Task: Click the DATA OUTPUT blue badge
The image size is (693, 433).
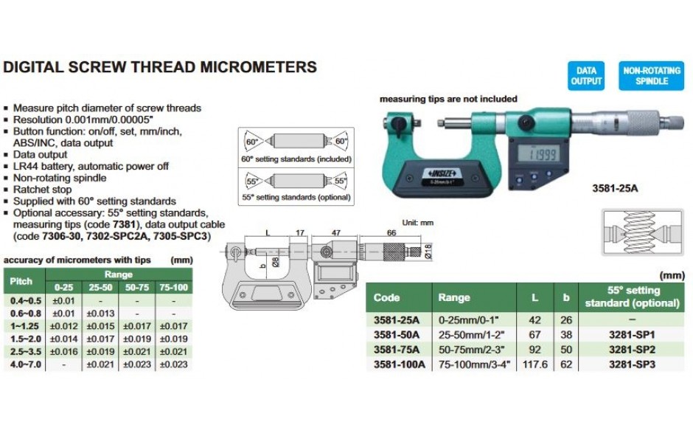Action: coord(586,76)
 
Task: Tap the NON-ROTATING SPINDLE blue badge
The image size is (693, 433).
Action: coord(652,76)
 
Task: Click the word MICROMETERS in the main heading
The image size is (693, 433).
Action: coord(259,67)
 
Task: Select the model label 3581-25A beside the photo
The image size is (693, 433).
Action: coord(615,188)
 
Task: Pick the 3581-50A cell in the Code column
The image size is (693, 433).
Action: coord(397,335)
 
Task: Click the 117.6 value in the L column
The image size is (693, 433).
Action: coord(534,364)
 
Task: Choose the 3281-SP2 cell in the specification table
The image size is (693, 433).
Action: coord(632,350)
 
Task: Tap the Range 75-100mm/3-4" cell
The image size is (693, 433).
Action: coord(474,364)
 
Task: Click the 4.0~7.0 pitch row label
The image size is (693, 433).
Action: coord(26,364)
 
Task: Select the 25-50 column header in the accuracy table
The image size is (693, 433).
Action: coord(100,288)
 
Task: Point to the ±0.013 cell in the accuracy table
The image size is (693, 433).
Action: coord(100,314)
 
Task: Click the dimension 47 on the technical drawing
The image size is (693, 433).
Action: coord(336,232)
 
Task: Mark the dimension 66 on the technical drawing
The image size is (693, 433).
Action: coord(391,232)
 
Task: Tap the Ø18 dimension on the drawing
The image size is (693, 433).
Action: coord(428,252)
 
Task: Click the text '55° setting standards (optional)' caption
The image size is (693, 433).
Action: coord(296,197)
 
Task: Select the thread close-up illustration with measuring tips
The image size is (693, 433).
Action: coord(643,232)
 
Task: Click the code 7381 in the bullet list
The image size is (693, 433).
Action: coord(124,224)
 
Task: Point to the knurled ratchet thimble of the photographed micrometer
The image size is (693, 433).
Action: coord(643,119)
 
